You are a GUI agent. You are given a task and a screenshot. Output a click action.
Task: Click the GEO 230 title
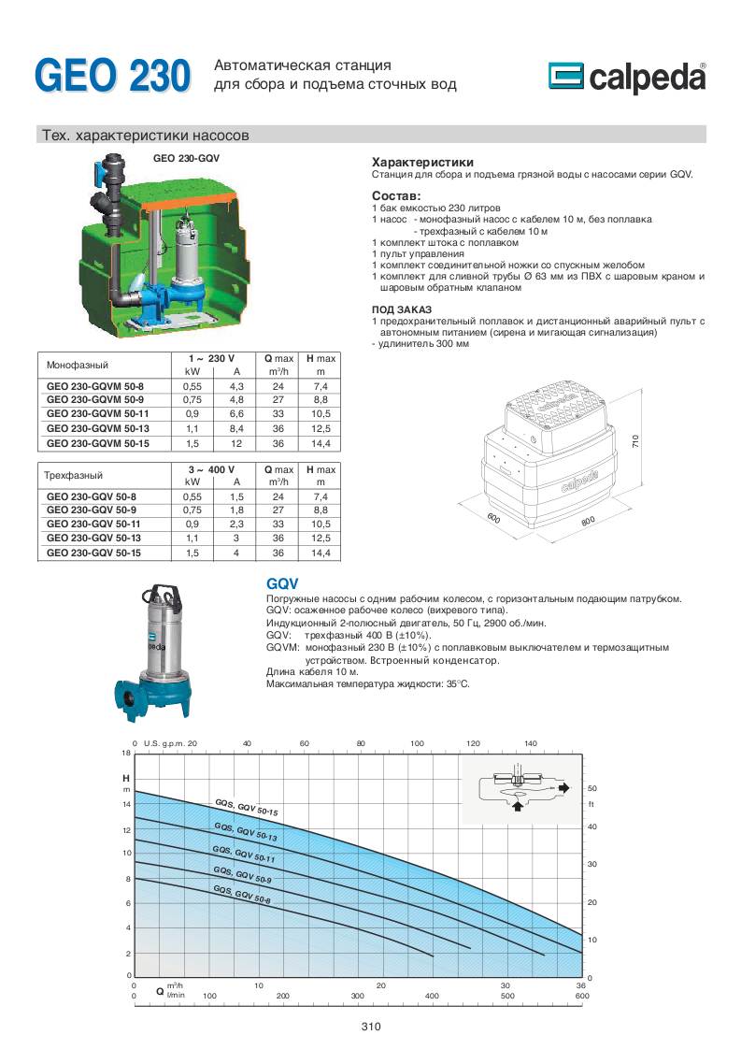click(x=112, y=75)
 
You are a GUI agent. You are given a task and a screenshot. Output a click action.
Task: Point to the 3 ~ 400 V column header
click(x=214, y=468)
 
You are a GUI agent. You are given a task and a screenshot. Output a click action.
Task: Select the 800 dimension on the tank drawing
click(x=588, y=521)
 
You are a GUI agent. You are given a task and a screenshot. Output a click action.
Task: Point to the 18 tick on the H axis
click(x=126, y=754)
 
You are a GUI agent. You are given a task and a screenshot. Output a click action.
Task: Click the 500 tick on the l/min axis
click(x=506, y=997)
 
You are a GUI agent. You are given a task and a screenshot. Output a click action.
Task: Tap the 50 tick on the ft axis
click(x=591, y=788)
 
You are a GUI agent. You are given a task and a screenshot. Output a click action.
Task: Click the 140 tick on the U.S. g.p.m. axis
click(x=531, y=743)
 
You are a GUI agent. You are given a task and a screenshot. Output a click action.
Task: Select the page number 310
click(x=371, y=1027)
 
